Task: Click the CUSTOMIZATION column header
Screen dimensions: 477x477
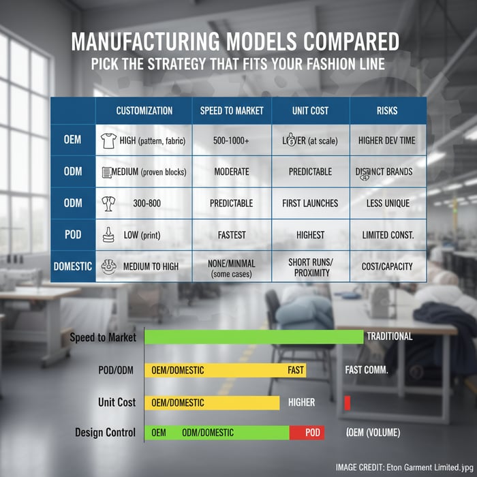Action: point(144,110)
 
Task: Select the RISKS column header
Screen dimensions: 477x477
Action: point(388,110)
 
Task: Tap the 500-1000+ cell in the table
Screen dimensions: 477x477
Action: point(232,140)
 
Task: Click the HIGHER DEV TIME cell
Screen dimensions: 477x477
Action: point(388,140)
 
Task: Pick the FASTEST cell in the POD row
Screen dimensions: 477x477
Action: point(232,234)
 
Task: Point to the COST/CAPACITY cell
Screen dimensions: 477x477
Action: point(388,266)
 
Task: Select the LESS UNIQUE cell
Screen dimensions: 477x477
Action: point(388,203)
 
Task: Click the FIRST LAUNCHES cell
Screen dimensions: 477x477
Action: point(310,203)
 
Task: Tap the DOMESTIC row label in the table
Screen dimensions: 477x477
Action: point(73,266)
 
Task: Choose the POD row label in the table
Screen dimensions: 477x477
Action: point(73,234)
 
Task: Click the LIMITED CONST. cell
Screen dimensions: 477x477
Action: point(388,234)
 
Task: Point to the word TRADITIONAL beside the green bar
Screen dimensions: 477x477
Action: point(389,336)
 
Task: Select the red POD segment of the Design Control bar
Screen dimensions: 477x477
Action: point(307,433)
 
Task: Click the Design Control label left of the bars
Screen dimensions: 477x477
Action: point(105,433)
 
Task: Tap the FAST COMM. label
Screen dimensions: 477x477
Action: point(366,370)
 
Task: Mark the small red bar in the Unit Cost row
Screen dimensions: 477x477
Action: point(347,403)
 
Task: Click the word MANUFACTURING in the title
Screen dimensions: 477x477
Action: point(157,42)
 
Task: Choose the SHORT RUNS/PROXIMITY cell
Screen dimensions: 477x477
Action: point(310,266)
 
